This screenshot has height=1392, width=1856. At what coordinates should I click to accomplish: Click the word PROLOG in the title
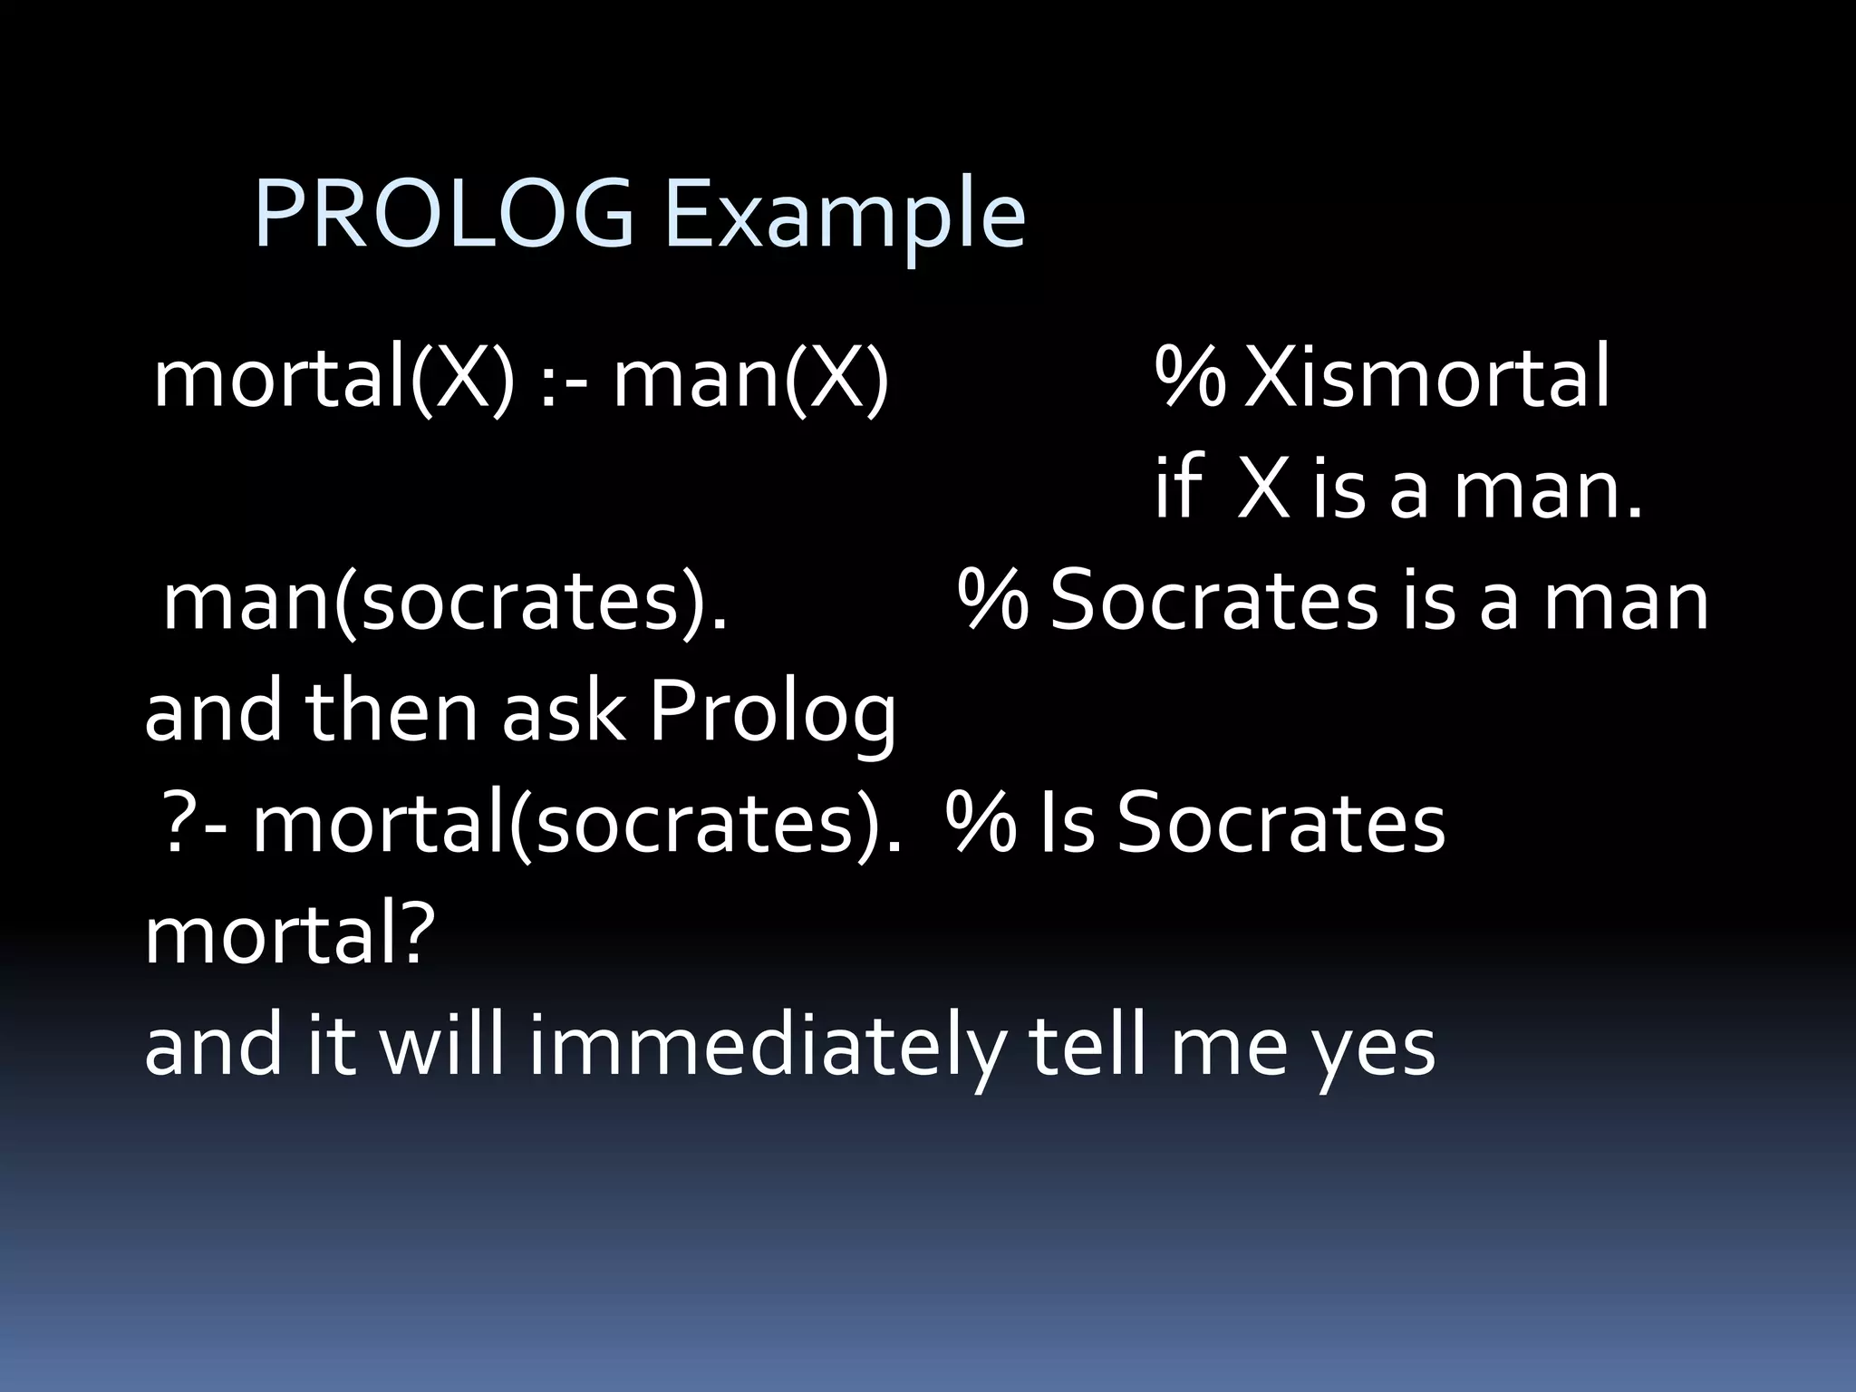[x=444, y=214]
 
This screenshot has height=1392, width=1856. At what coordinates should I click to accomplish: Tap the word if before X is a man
[x=1176, y=489]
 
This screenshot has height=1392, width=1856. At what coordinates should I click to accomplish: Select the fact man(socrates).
[x=445, y=603]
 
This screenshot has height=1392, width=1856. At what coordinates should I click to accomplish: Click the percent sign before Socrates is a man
[x=993, y=603]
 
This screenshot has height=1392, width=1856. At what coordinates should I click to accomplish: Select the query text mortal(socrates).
[x=576, y=825]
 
